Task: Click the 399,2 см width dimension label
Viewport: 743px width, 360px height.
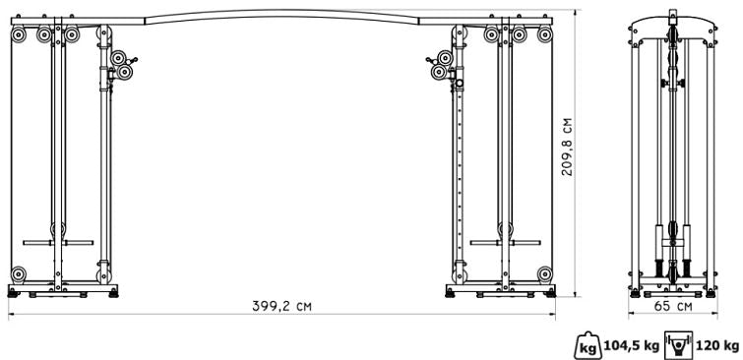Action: click(281, 306)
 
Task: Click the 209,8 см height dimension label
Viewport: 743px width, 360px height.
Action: click(567, 147)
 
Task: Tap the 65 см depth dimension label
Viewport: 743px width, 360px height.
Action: click(673, 306)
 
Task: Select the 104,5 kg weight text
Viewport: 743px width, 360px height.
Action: click(632, 345)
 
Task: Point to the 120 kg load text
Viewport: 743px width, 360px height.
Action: click(717, 345)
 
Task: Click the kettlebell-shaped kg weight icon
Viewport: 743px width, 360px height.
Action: click(588, 345)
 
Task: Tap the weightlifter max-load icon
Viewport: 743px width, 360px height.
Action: click(679, 345)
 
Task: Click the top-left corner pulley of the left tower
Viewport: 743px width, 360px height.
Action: click(18, 34)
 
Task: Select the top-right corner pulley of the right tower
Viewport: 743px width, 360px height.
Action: click(545, 34)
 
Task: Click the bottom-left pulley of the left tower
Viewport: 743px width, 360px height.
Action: click(18, 274)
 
